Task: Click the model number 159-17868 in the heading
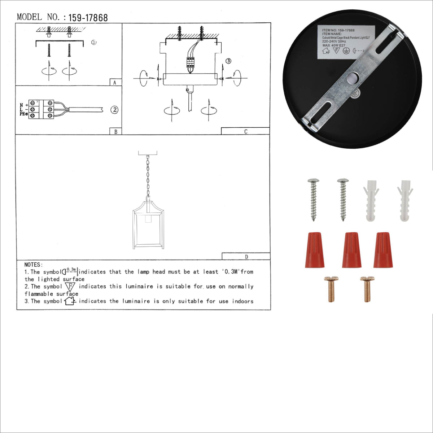coord(88,18)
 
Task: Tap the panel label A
coord(115,83)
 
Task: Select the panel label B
coord(115,132)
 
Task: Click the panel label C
coord(245,132)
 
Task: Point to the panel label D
coord(246,257)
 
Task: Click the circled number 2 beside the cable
coord(114,110)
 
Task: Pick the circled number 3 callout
coord(228,61)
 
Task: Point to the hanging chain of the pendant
coord(148,177)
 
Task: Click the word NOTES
coord(33,265)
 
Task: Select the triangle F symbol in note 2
coord(71,287)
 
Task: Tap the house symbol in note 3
coord(70,301)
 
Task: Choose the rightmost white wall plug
coord(405,201)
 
